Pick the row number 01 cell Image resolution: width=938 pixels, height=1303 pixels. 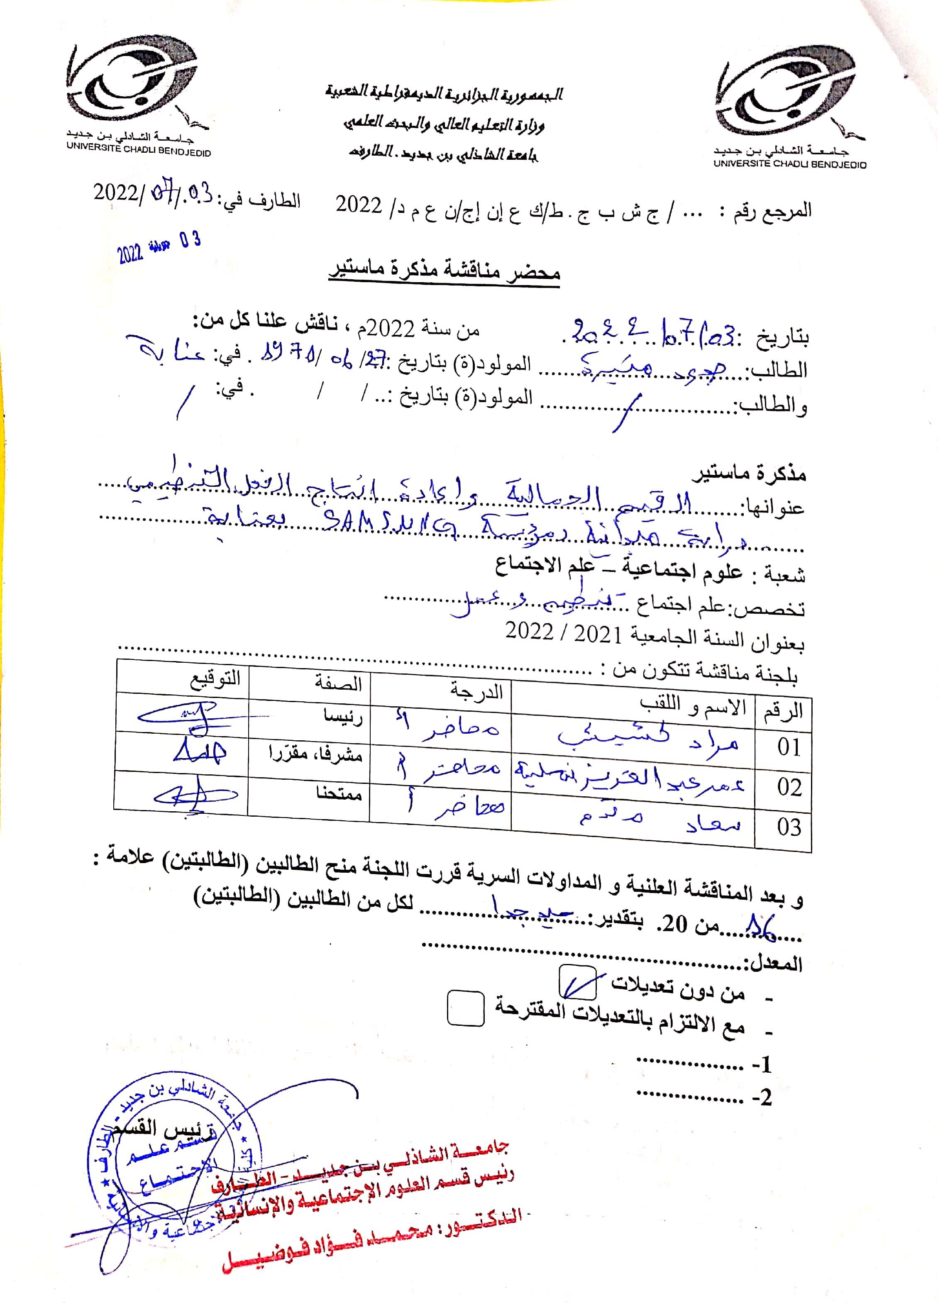click(788, 747)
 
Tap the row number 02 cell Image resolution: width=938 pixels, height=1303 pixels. click(789, 787)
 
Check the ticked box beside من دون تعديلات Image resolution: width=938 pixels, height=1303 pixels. click(578, 982)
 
